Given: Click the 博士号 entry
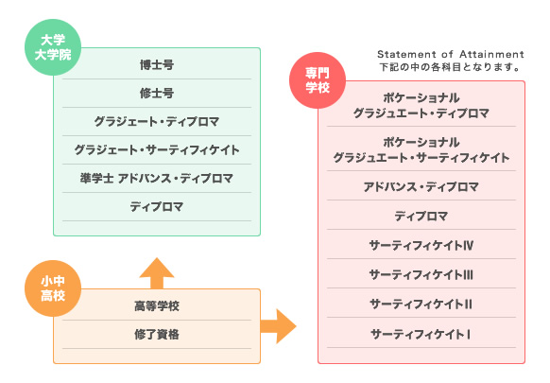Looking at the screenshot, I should pos(157,65).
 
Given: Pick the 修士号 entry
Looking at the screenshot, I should pos(157,93).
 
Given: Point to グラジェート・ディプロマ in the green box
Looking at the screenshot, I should pos(157,121).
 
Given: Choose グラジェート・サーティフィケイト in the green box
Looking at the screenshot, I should pos(157,149).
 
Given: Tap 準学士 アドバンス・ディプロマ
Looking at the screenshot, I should pos(157,178).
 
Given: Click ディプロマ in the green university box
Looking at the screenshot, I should pos(157,205).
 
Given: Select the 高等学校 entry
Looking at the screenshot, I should pos(157,305).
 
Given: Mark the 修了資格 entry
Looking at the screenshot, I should pos(157,334).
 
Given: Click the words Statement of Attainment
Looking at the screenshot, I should pos(449,54).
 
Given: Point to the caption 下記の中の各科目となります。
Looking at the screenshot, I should pos(449,67).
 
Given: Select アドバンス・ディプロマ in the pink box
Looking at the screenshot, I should pos(421,186).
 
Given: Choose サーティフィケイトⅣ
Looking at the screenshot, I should pos(421,246).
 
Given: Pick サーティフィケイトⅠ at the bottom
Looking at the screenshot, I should pos(421,334).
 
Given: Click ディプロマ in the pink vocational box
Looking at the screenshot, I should pos(421,216).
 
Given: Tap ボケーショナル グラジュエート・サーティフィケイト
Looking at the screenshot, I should pos(421,149).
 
